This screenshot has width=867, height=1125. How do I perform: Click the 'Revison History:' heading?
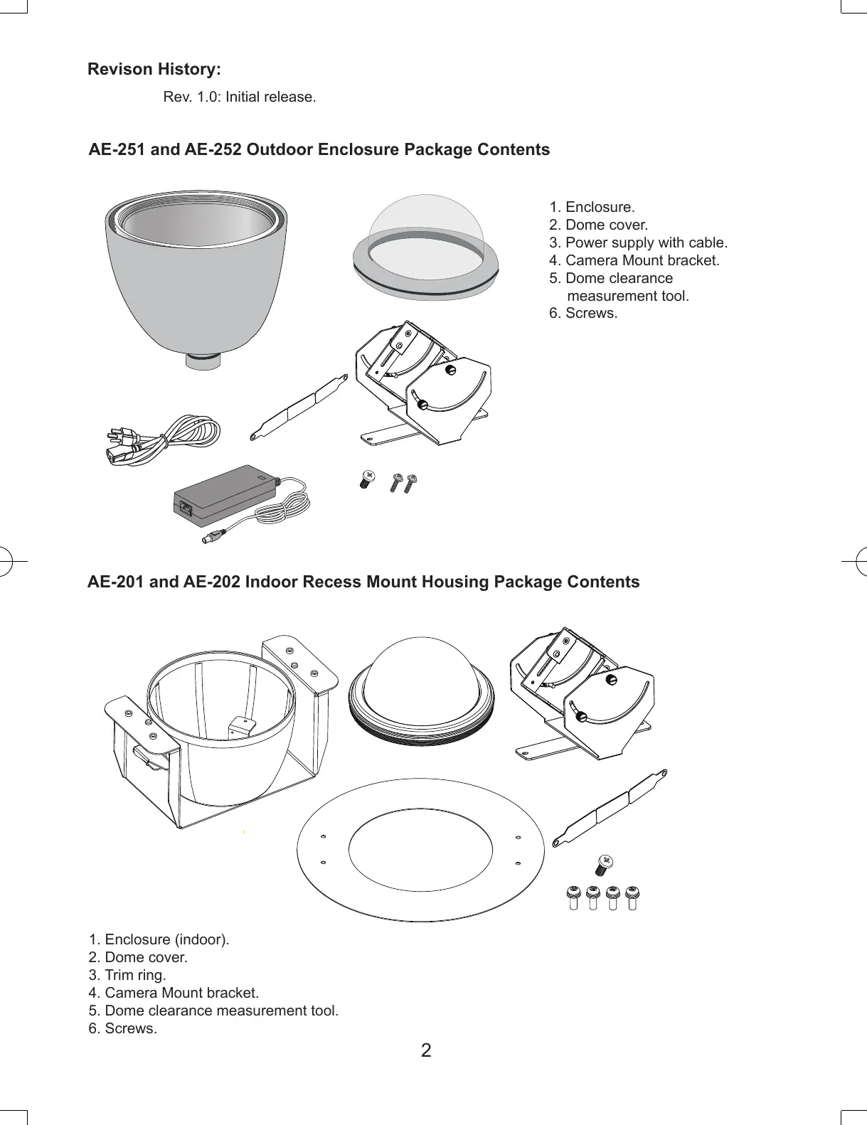tap(154, 70)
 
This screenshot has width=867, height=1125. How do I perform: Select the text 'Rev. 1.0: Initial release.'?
tap(240, 97)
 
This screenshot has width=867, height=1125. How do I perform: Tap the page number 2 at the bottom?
tap(426, 1050)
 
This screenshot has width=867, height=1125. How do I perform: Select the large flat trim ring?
tap(420, 889)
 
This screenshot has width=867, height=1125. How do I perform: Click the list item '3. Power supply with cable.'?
tap(638, 242)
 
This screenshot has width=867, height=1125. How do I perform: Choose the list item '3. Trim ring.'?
tap(127, 975)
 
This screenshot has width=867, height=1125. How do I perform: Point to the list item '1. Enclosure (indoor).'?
tap(159, 939)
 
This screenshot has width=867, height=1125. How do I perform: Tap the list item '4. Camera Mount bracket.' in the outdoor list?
tap(634, 260)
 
